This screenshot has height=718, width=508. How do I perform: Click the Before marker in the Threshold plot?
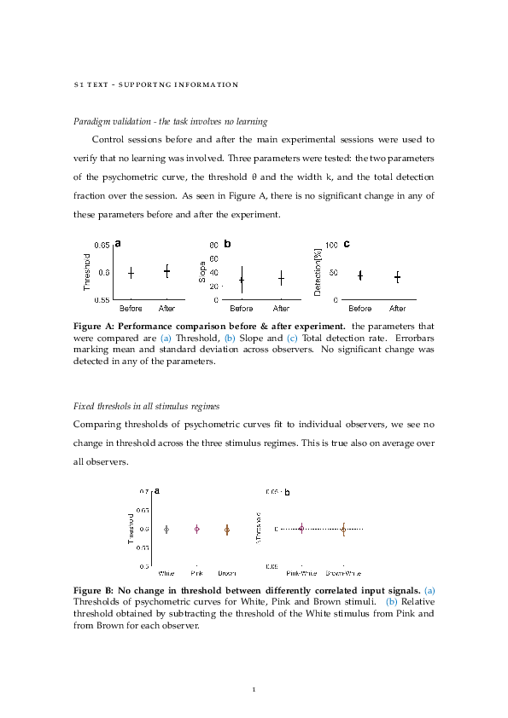point(131,273)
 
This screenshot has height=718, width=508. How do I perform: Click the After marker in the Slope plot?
point(281,278)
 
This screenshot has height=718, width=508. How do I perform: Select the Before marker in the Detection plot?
point(360,275)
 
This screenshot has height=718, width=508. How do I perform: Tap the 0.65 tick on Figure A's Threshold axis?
point(102,246)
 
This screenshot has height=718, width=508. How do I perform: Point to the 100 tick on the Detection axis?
point(332,246)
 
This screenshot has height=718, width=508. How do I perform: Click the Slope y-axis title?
point(202,271)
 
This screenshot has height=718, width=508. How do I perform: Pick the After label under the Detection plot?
point(398,308)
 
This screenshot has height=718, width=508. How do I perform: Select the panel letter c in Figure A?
point(346,244)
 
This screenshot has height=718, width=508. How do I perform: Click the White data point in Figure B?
point(166,530)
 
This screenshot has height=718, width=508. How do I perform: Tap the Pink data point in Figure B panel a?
point(197,529)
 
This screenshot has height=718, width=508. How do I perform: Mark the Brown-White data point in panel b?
point(343,530)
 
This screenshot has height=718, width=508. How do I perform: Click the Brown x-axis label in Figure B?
point(227,573)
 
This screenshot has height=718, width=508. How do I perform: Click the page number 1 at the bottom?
point(254,689)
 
